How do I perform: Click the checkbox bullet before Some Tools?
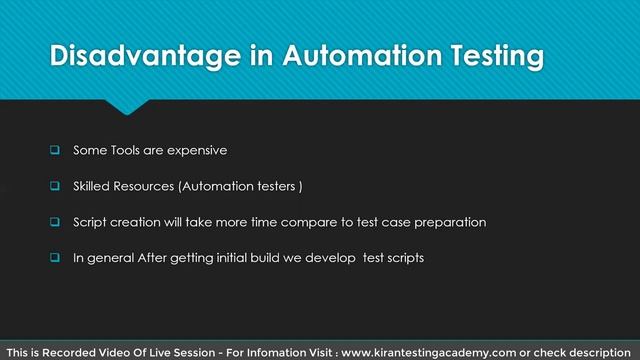56,151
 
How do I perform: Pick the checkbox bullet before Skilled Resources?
56,186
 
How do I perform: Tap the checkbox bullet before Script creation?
56,222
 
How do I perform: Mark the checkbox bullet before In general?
56,257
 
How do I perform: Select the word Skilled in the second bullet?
92,186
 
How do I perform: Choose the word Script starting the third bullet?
90,222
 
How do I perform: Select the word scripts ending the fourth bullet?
403,257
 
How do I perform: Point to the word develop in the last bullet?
323,257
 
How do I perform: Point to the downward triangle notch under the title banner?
129,106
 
